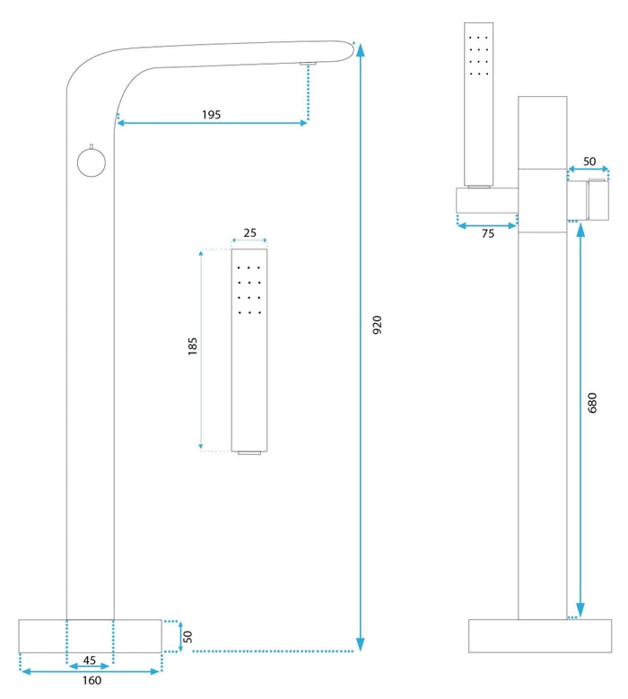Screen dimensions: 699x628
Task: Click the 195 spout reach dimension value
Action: click(211, 115)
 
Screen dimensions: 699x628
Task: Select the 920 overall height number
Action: click(377, 325)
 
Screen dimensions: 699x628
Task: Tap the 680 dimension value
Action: click(591, 404)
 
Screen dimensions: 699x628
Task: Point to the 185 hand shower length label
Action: click(193, 346)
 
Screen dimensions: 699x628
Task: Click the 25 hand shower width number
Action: click(249, 233)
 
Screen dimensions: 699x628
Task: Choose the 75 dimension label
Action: click(488, 233)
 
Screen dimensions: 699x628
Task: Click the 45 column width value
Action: click(90, 660)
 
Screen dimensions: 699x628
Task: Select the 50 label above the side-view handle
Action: click(589, 162)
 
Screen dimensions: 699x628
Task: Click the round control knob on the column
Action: click(91, 162)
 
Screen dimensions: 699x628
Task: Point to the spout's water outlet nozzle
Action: click(308, 63)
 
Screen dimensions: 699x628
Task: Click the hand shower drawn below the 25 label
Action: click(249, 350)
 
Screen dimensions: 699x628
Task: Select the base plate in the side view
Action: click(527, 636)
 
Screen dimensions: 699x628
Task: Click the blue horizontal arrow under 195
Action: click(212, 123)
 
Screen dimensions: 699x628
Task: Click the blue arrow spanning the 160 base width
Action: click(90, 670)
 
